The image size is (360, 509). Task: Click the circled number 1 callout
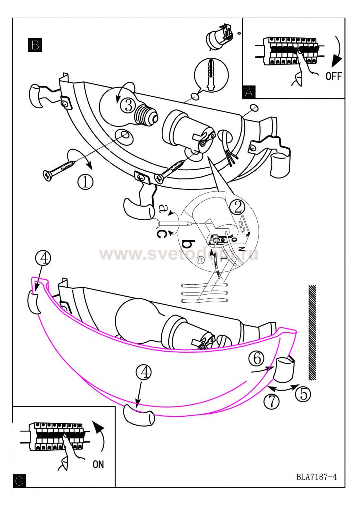pyautogui.click(x=85, y=182)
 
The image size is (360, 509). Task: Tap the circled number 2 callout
pyautogui.click(x=237, y=207)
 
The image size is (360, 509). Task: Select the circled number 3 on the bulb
pyautogui.click(x=128, y=105)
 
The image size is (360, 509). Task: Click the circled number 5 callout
pyautogui.click(x=303, y=394)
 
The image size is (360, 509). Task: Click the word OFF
pyautogui.click(x=334, y=76)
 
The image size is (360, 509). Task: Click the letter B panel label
pyautogui.click(x=35, y=45)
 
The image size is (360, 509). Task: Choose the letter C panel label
pyautogui.click(x=20, y=481)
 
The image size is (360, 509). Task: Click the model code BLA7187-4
pyautogui.click(x=317, y=477)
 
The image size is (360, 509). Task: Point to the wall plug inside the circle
pyautogui.click(x=211, y=75)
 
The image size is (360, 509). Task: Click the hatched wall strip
pyautogui.click(x=312, y=333)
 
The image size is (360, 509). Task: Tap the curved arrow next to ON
pyautogui.click(x=100, y=438)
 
